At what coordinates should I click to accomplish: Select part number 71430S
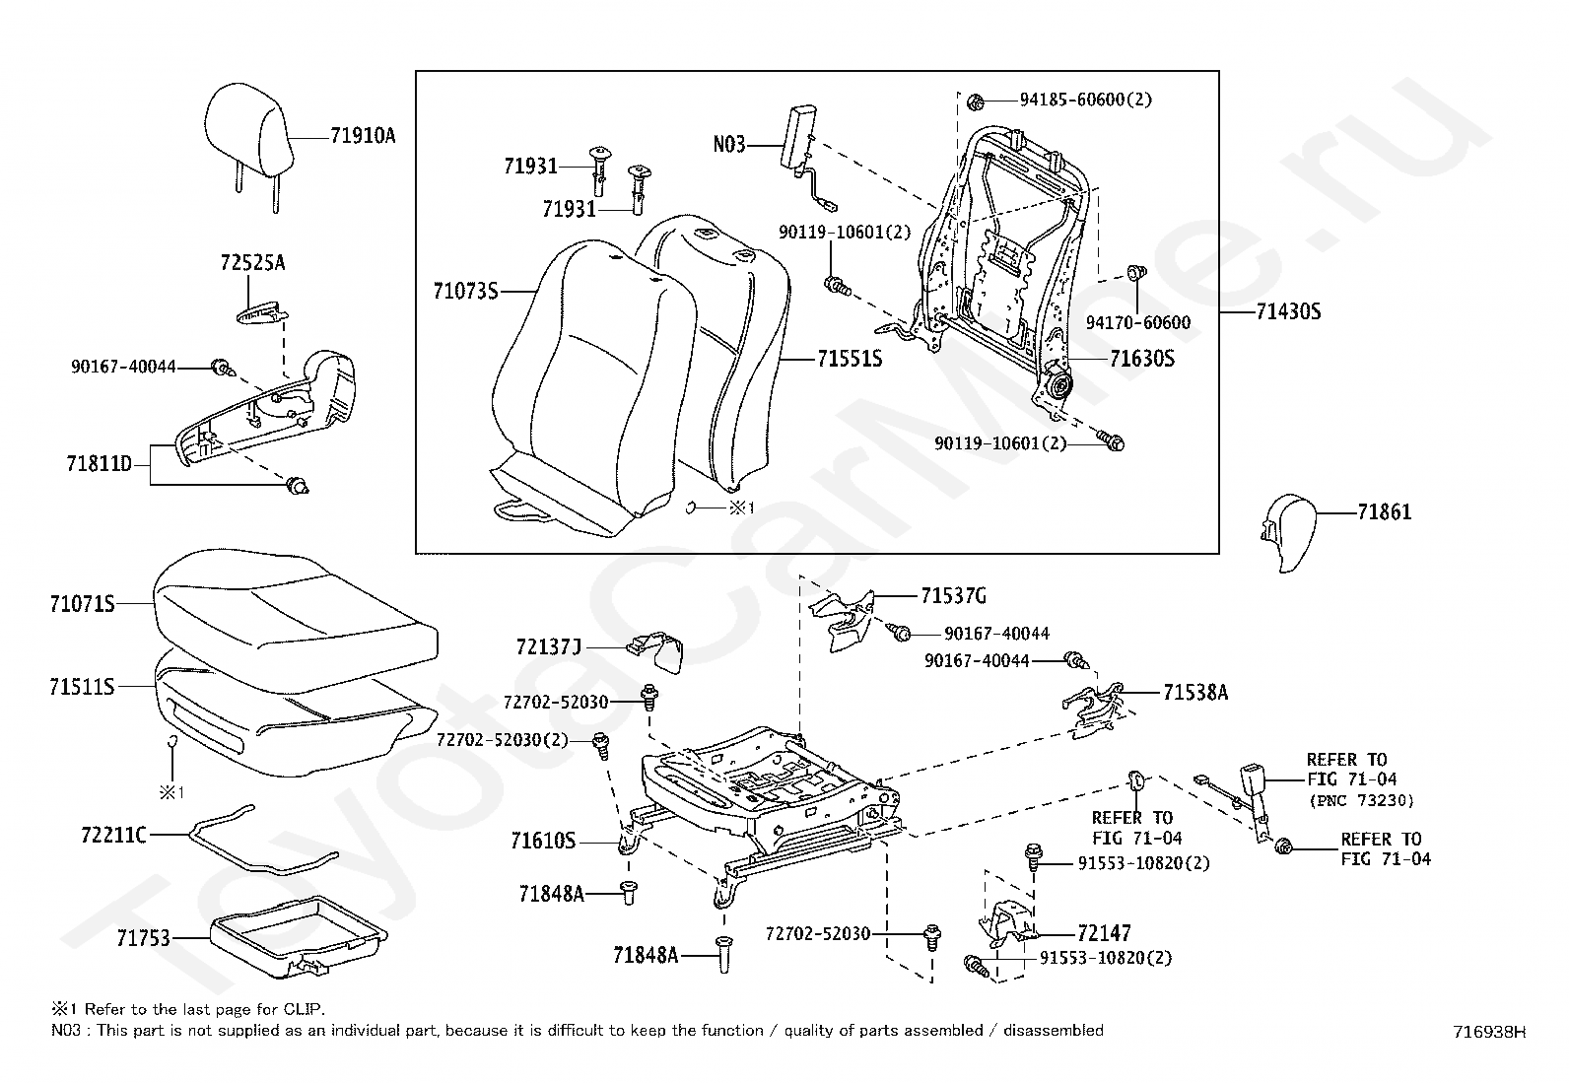(x=1288, y=312)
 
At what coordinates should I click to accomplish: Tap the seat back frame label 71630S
(x=1141, y=359)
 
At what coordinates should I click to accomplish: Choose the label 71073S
(x=465, y=291)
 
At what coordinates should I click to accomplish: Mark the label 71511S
(x=82, y=686)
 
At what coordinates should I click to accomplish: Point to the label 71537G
(x=953, y=596)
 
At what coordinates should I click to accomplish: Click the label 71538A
(x=1195, y=693)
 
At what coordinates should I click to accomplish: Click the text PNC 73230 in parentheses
(x=1361, y=800)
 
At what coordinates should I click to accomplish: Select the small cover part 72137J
(x=658, y=649)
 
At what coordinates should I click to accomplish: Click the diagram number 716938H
(x=1489, y=1032)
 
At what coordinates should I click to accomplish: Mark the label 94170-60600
(x=1137, y=322)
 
